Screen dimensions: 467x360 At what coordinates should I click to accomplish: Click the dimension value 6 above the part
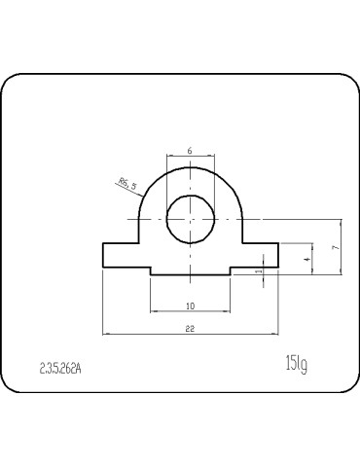[190, 151]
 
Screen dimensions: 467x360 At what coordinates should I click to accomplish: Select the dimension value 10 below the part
[190, 305]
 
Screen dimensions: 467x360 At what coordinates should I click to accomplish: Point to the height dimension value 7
[334, 248]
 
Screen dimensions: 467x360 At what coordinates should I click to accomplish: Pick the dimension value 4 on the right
[306, 260]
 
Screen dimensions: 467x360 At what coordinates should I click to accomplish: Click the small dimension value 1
[258, 272]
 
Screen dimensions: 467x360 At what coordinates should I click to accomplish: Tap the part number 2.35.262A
[61, 369]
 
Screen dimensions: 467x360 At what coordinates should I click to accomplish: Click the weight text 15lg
[296, 364]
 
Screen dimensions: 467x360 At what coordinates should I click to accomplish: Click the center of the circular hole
[190, 219]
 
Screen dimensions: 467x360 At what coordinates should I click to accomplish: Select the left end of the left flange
[103, 254]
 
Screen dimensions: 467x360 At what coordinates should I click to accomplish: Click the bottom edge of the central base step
[190, 276]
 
